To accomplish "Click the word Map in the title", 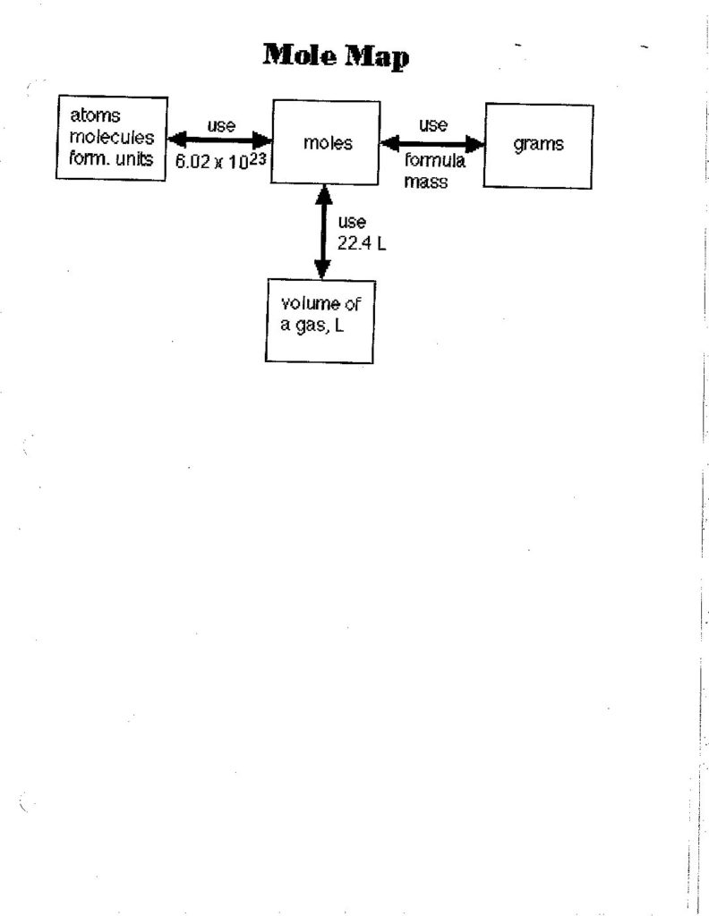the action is (376, 57).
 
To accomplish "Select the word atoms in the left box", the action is (95, 115).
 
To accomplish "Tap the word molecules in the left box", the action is (112, 137).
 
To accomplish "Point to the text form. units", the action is (111, 158).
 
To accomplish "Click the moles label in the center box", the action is (328, 143).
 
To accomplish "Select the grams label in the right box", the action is (538, 144).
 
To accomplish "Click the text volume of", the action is (320, 304).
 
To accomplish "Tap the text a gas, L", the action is (312, 326).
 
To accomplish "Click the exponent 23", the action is (257, 157).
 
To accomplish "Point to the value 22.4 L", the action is (362, 243).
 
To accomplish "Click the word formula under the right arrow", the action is (434, 161).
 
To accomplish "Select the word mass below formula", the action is (425, 182).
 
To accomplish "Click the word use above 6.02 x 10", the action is (221, 125).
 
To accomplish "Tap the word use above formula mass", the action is (433, 125).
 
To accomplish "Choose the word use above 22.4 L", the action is (352, 222).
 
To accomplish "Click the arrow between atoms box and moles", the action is (220, 140).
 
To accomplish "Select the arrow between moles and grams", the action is (432, 143).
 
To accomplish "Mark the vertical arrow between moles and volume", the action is (323, 232).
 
